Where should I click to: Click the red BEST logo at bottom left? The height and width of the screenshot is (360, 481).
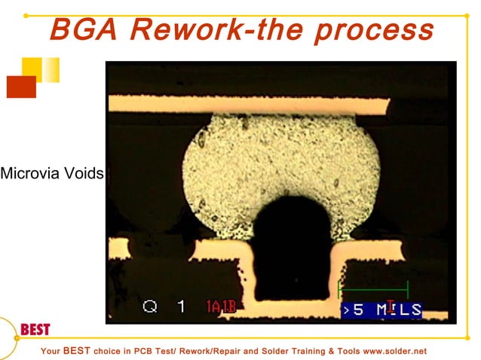pyautogui.click(x=35, y=331)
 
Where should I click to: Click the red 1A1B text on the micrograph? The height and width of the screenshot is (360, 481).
pyautogui.click(x=222, y=307)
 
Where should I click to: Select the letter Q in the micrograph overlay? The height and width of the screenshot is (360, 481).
pyautogui.click(x=150, y=307)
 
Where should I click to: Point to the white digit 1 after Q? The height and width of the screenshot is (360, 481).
pyautogui.click(x=180, y=307)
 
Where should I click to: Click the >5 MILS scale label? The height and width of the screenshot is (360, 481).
pyautogui.click(x=380, y=310)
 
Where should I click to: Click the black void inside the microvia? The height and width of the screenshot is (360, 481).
pyautogui.click(x=291, y=249)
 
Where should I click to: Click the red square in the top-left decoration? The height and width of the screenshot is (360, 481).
pyautogui.click(x=21, y=87)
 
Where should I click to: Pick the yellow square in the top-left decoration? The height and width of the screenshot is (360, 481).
pyautogui.click(x=32, y=69)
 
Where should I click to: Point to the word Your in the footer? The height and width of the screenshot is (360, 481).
pyautogui.click(x=50, y=352)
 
